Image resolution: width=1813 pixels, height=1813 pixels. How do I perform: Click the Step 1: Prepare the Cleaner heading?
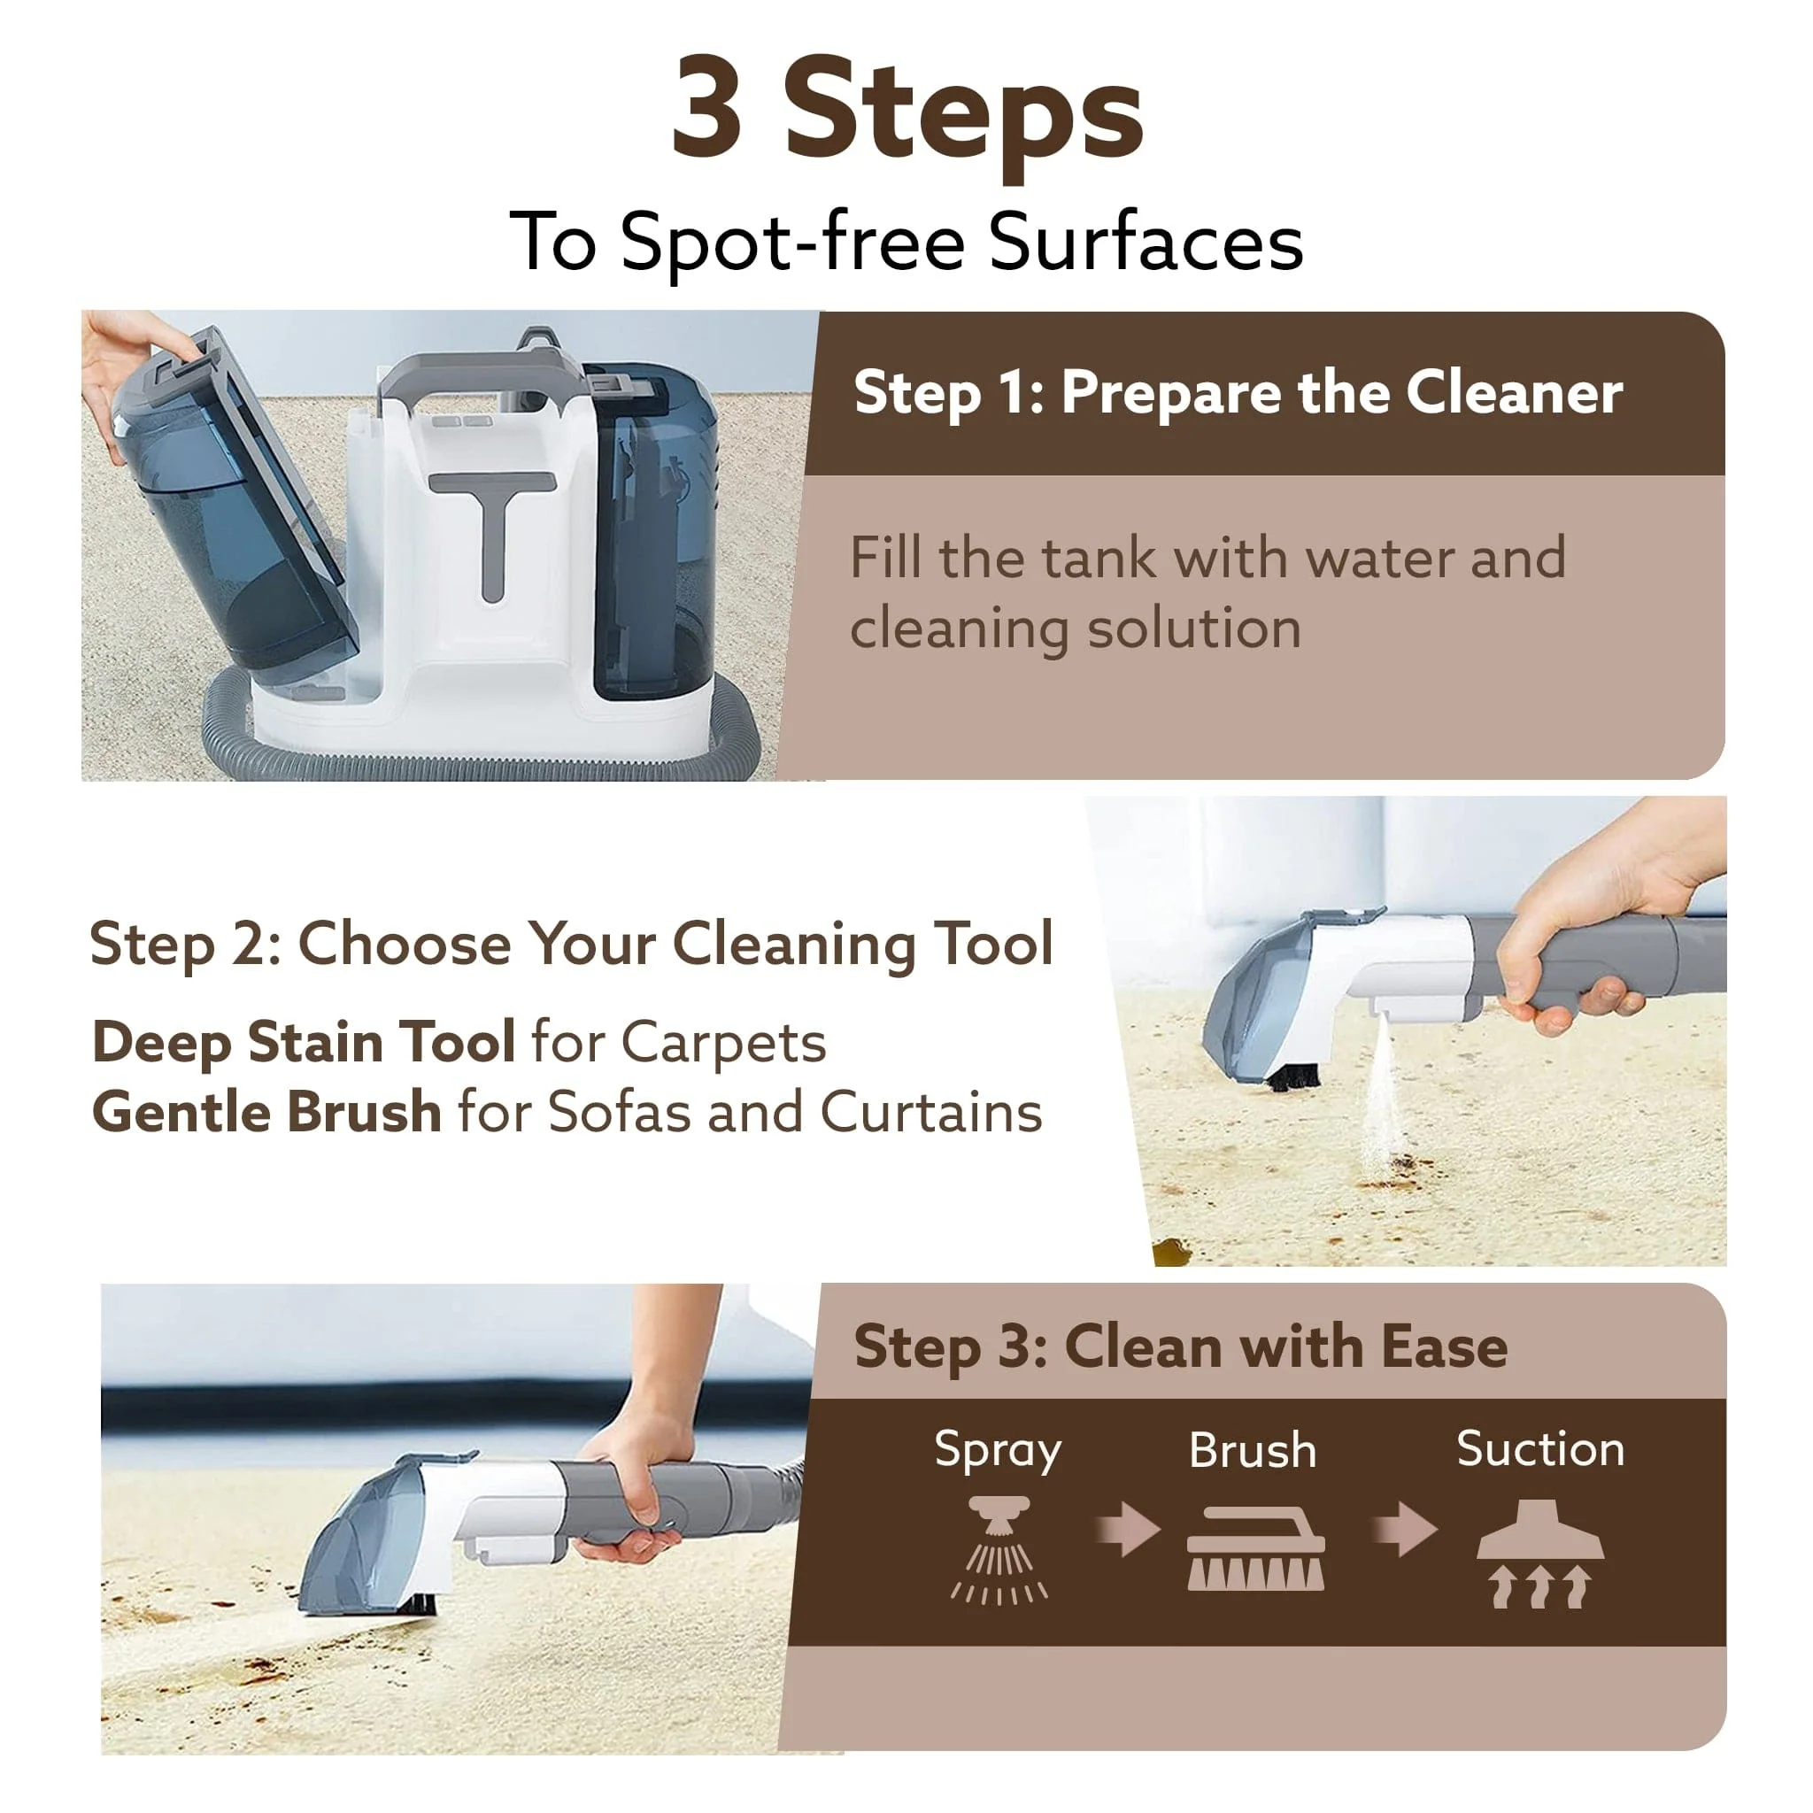click(x=1237, y=392)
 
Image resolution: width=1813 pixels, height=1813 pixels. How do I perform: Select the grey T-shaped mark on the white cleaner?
click(x=493, y=530)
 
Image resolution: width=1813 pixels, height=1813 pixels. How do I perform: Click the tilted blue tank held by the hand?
click(x=235, y=506)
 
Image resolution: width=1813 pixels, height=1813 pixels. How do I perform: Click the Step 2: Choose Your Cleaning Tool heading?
click(x=571, y=943)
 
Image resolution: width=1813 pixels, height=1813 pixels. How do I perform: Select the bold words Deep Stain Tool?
click(x=303, y=1042)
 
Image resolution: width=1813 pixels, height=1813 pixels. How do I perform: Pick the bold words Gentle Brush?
click(x=266, y=1113)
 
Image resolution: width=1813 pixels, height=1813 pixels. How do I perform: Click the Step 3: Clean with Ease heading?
click(x=1179, y=1347)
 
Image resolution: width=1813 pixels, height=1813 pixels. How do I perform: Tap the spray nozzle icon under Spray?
click(x=999, y=1550)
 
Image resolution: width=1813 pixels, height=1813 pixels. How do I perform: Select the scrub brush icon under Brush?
click(x=1255, y=1548)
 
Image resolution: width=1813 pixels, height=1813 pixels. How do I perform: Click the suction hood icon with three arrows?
click(x=1540, y=1553)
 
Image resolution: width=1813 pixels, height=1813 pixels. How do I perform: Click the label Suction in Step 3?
click(x=1540, y=1450)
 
